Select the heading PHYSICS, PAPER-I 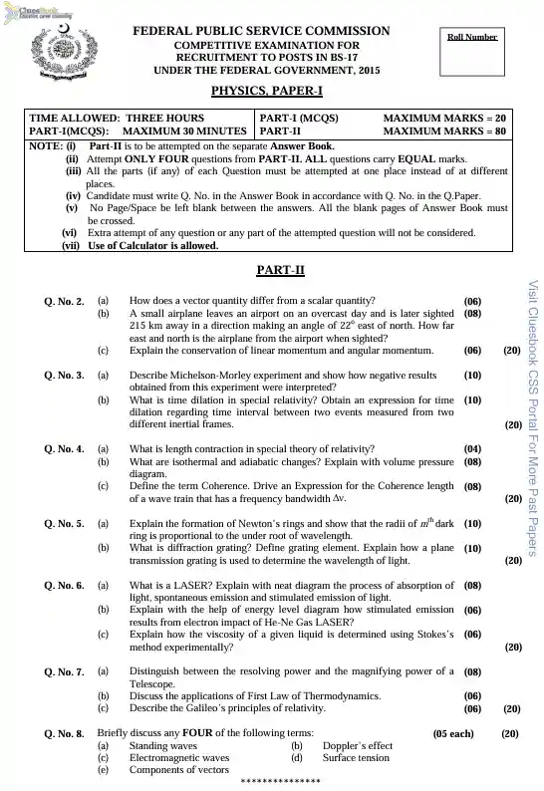click(267, 91)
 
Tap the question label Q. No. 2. click(64, 300)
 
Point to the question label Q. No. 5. click(64, 523)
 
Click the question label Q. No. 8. click(64, 734)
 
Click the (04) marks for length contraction click(473, 448)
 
